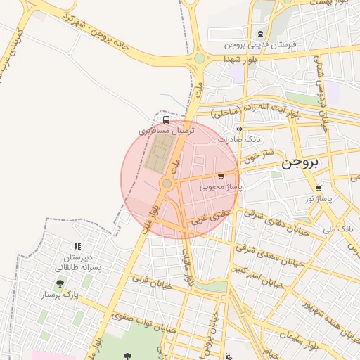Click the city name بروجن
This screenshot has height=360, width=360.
tap(300, 163)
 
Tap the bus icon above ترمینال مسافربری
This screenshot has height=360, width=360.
tap(166, 120)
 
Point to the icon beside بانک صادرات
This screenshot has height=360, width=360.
tap(240, 129)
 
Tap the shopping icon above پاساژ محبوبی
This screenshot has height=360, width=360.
tap(221, 176)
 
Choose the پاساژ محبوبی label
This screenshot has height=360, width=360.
tap(221, 187)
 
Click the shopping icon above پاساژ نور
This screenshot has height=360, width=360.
tap(319, 188)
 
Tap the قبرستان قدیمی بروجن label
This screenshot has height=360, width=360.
tap(261, 44)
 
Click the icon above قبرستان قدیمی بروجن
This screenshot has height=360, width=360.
tap(261, 34)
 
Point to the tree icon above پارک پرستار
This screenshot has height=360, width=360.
tap(60, 284)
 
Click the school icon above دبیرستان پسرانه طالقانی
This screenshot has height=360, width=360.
tap(77, 246)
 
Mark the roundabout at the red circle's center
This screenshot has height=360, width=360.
tap(167, 184)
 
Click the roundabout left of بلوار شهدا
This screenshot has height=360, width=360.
tap(200, 58)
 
